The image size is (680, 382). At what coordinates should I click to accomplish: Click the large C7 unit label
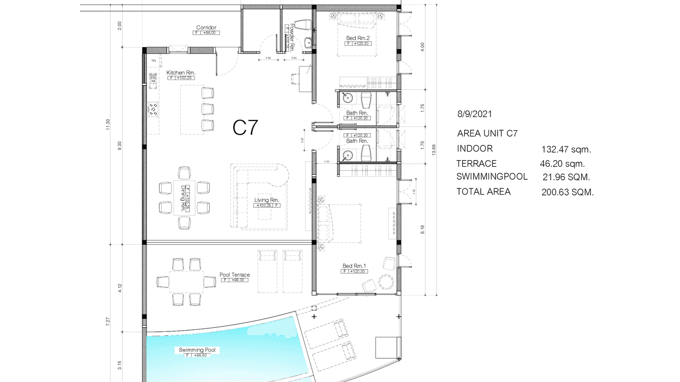246,128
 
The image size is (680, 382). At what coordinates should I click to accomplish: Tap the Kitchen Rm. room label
181,73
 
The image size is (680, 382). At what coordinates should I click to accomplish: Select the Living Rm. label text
267,200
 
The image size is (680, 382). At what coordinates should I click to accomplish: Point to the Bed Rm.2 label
357,38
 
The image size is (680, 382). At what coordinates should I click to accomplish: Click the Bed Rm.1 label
354,266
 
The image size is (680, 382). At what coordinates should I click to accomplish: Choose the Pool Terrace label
234,275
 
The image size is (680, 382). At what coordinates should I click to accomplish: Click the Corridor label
206,27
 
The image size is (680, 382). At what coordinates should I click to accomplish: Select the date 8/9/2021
474,114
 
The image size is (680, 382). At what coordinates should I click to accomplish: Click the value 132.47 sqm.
566,149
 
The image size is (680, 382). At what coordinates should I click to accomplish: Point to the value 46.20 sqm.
562,164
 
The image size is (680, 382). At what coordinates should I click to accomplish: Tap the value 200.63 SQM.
568,193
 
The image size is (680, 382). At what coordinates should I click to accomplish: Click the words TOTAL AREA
483,192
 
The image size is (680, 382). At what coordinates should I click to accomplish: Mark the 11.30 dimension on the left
107,124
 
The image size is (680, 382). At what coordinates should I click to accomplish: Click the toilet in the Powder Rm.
303,25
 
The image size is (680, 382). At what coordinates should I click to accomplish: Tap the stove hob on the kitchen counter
153,109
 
